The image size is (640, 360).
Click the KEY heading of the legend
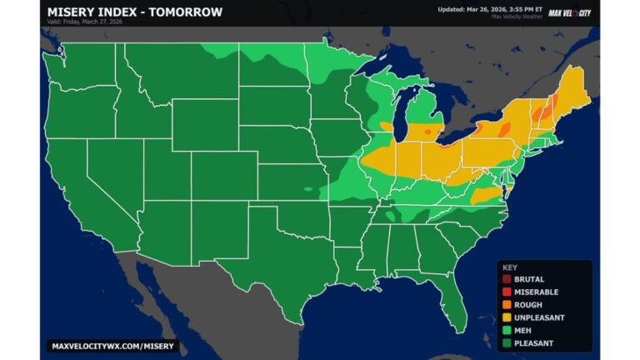coord(510,267)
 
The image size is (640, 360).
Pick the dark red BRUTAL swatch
coord(507,279)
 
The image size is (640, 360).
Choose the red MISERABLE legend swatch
coord(507,292)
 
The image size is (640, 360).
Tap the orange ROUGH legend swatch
coord(507,305)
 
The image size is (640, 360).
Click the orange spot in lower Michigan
coord(428,132)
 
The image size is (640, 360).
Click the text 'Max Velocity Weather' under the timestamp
coord(517,17)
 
